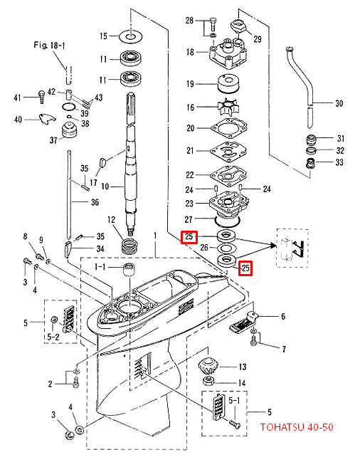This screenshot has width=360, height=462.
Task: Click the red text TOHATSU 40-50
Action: pos(297,427)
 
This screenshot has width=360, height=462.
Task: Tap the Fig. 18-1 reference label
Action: pos(49,46)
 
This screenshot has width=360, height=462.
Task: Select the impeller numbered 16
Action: pos(228,107)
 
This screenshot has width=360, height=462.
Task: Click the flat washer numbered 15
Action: pos(131,36)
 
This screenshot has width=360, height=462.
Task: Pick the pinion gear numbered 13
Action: pos(208,366)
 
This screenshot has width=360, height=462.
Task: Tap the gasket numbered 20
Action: pos(229,128)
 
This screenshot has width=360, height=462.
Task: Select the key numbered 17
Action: pos(102,162)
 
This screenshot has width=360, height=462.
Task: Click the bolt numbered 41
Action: pos(41,96)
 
